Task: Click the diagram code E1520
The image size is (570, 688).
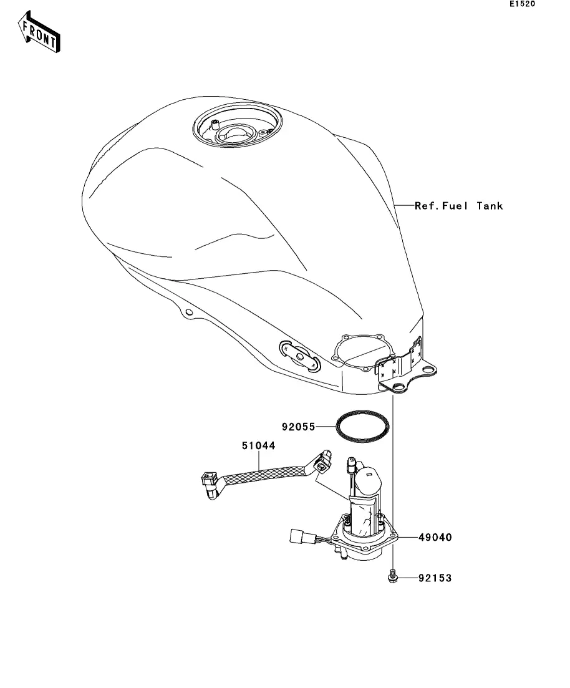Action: pyautogui.click(x=522, y=4)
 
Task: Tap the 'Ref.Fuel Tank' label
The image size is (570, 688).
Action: pyautogui.click(x=458, y=206)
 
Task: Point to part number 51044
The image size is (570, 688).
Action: pyautogui.click(x=258, y=446)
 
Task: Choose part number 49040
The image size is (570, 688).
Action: pyautogui.click(x=435, y=536)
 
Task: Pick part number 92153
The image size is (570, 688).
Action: pyautogui.click(x=435, y=579)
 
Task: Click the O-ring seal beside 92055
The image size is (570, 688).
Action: pyautogui.click(x=364, y=427)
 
